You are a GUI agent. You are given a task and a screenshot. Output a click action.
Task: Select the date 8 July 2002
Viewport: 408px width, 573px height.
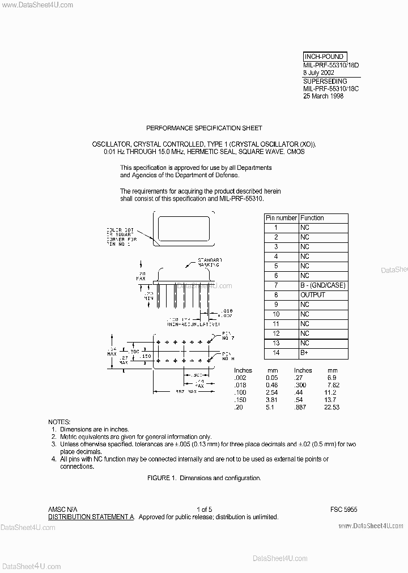click(318, 72)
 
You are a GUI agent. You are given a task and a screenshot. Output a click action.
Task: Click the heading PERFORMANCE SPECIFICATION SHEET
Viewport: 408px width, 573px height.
click(204, 129)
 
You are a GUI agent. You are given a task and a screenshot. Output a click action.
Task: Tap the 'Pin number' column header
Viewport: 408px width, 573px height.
click(281, 218)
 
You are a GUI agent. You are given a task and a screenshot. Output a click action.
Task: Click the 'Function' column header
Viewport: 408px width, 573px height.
click(312, 218)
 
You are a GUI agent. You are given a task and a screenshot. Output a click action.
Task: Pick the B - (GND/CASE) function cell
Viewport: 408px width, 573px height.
click(322, 285)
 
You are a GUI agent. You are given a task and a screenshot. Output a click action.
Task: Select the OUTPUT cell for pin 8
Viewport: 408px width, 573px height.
click(313, 295)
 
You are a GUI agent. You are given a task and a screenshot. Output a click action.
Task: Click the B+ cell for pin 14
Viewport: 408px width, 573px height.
click(305, 353)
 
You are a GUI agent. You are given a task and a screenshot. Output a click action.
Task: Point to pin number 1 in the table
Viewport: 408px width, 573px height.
click(276, 228)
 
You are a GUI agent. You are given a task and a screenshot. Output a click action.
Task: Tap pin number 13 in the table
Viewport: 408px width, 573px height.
click(276, 343)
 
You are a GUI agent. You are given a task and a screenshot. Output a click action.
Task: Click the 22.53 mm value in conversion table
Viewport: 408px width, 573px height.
click(331, 407)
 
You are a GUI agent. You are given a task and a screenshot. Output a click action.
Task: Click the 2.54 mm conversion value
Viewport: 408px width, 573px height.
click(273, 392)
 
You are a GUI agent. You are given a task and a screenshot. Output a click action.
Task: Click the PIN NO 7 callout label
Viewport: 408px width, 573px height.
click(227, 336)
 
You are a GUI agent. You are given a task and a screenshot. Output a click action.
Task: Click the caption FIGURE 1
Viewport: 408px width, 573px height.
click(204, 478)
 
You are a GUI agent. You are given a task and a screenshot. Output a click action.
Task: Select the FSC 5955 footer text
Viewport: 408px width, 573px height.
click(344, 510)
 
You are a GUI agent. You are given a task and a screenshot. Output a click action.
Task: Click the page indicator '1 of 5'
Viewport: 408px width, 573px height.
click(204, 510)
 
